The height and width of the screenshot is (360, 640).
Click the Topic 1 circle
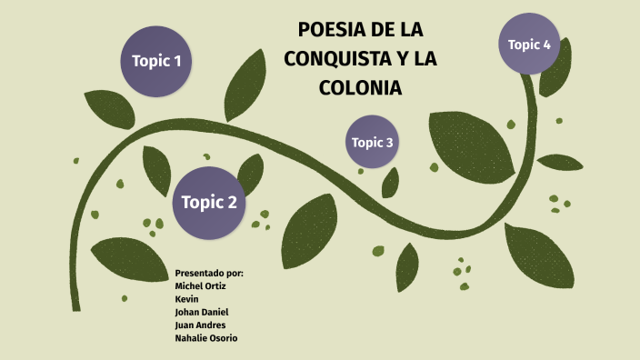point(156,62)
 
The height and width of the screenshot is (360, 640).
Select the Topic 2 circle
point(209,202)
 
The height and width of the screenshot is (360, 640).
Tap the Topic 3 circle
point(373,142)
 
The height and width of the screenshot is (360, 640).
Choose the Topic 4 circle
point(529,44)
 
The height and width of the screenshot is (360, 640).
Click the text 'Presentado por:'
point(209,273)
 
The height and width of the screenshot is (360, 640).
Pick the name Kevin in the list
point(187,298)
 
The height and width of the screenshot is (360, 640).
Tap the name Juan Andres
point(200,325)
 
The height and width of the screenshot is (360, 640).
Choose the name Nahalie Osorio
point(206,337)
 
